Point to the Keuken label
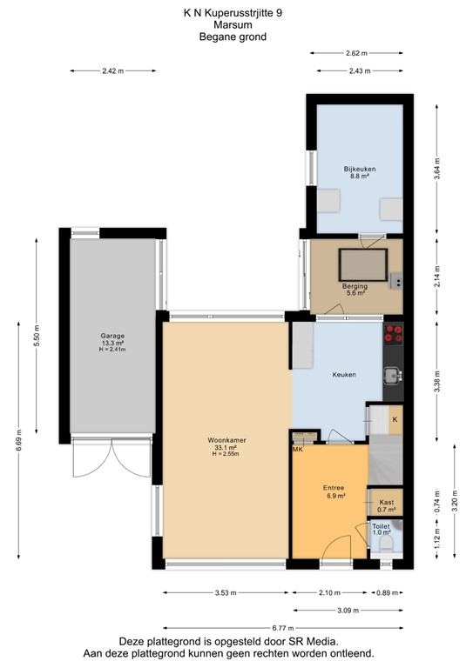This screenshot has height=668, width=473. (344, 375)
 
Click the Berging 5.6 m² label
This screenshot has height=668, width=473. (355, 290)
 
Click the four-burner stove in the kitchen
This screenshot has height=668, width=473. (394, 331)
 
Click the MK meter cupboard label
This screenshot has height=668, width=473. (298, 449)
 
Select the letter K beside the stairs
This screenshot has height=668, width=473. (395, 420)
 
